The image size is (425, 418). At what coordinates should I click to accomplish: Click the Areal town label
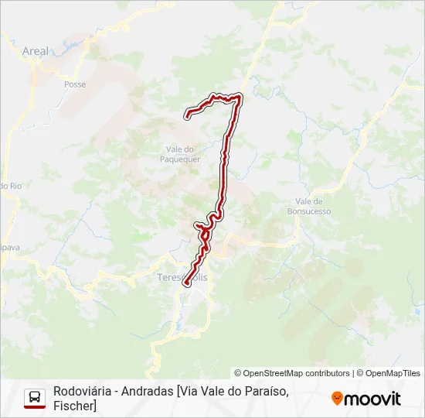(36, 51)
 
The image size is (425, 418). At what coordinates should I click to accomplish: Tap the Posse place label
(75, 84)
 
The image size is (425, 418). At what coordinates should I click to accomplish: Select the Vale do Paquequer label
(183, 154)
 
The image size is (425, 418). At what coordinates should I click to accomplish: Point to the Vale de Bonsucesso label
(308, 206)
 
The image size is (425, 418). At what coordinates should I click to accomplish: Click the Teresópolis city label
(182, 277)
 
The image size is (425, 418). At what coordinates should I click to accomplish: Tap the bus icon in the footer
(35, 399)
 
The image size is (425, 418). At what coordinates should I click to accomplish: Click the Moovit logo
(366, 399)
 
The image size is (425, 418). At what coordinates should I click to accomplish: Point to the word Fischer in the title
(74, 406)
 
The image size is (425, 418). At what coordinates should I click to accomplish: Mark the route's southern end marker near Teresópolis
(186, 284)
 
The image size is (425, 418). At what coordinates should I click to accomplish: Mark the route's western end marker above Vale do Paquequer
(187, 115)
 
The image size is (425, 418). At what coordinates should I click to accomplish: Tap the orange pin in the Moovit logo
(337, 399)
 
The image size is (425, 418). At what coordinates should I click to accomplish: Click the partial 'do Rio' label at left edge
(9, 186)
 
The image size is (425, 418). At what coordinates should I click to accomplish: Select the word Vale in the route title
(212, 391)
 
